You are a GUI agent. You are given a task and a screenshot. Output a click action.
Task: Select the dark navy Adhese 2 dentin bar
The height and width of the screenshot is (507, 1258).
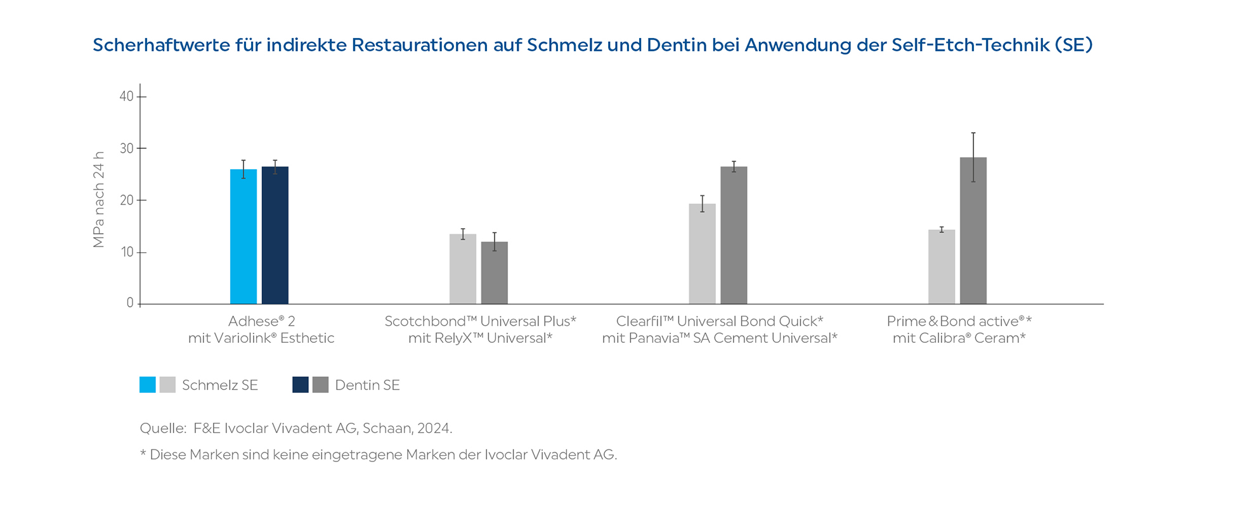coord(275,235)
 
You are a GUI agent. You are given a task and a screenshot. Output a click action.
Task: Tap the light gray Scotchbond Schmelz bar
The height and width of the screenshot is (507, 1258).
coord(463,269)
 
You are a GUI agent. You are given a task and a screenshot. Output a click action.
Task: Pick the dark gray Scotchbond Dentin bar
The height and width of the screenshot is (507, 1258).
coord(495,273)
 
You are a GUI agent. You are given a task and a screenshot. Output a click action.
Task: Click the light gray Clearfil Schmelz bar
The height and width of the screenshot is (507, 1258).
coord(702,253)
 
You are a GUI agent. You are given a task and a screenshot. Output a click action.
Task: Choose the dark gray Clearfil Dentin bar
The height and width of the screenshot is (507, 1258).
coord(734,235)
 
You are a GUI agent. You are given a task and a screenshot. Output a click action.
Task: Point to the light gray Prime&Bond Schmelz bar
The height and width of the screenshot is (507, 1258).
coord(942,267)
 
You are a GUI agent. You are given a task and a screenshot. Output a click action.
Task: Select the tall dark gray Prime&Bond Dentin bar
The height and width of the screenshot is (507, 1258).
coord(973,231)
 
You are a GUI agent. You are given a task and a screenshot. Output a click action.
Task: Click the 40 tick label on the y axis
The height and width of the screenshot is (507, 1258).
coord(126,96)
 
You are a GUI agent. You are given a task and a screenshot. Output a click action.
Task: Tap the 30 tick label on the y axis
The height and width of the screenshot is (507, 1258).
coord(126,148)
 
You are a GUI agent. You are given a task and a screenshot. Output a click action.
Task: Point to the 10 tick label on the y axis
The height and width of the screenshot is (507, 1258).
coord(126,252)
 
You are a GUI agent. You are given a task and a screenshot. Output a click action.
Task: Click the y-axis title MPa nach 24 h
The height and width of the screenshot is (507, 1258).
coord(98,200)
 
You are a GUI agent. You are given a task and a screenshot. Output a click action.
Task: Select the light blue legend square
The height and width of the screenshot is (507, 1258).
coord(148,385)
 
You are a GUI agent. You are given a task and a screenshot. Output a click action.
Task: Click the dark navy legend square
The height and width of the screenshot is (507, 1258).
coord(301,385)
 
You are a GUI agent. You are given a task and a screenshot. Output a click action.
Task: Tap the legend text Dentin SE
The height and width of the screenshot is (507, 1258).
coord(367,385)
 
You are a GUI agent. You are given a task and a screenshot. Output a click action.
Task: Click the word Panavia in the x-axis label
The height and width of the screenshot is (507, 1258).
coord(659,338)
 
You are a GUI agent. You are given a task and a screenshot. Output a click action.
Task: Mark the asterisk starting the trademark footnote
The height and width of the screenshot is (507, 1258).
coord(143,454)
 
